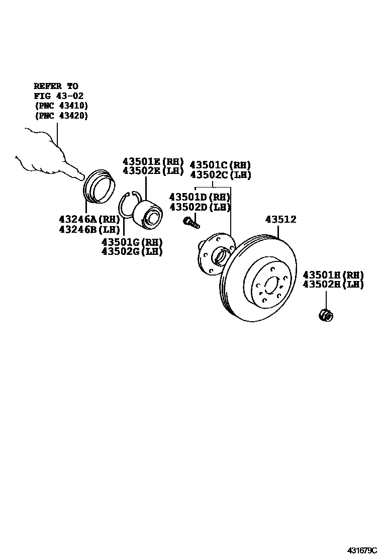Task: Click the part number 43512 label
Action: [288, 220]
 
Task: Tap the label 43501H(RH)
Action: [333, 275]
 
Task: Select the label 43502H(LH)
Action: [333, 285]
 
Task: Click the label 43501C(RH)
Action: [220, 165]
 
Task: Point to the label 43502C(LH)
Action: [220, 174]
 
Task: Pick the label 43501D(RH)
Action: [200, 197]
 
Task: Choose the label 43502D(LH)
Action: [200, 207]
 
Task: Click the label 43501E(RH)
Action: [153, 161]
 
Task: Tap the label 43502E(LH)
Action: [153, 171]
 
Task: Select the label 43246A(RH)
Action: [89, 220]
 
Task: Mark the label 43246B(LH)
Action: [89, 230]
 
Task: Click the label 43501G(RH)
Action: [132, 242]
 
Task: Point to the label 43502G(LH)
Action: [132, 251]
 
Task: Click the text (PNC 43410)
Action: [61, 106]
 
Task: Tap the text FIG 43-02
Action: [58, 96]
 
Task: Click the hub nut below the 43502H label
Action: [326, 315]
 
